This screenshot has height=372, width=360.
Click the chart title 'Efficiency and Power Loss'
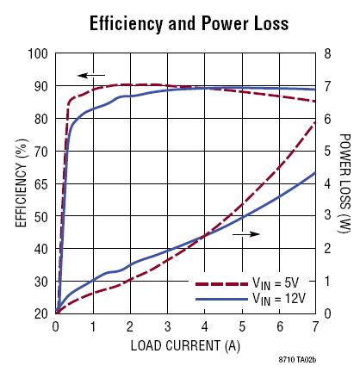point(189,23)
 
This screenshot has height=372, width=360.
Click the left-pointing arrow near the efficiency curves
point(91,76)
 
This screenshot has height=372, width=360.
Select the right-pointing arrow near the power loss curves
point(246,234)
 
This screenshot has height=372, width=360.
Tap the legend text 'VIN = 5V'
point(276,284)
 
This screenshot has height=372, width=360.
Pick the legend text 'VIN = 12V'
point(279,300)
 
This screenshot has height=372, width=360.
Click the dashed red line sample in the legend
point(221,284)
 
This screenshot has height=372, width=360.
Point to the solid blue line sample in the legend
point(221,299)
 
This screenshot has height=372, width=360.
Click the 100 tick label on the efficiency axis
point(38,53)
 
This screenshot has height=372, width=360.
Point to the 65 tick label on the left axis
point(41,184)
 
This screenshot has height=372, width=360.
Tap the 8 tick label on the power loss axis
point(327,53)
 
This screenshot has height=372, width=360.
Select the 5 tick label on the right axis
point(327,152)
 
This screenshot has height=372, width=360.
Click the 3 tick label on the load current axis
point(168,326)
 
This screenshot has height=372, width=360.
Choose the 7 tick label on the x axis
point(315,326)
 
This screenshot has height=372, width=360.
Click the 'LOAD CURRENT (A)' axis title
point(185,345)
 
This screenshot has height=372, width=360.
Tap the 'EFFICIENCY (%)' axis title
point(22,183)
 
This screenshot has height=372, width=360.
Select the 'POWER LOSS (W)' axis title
point(345,183)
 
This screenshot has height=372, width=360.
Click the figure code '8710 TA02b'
point(297,360)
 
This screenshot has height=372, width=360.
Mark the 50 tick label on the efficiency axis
point(41,217)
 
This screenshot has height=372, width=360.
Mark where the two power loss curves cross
point(204,236)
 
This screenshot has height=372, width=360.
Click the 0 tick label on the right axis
point(327,313)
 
